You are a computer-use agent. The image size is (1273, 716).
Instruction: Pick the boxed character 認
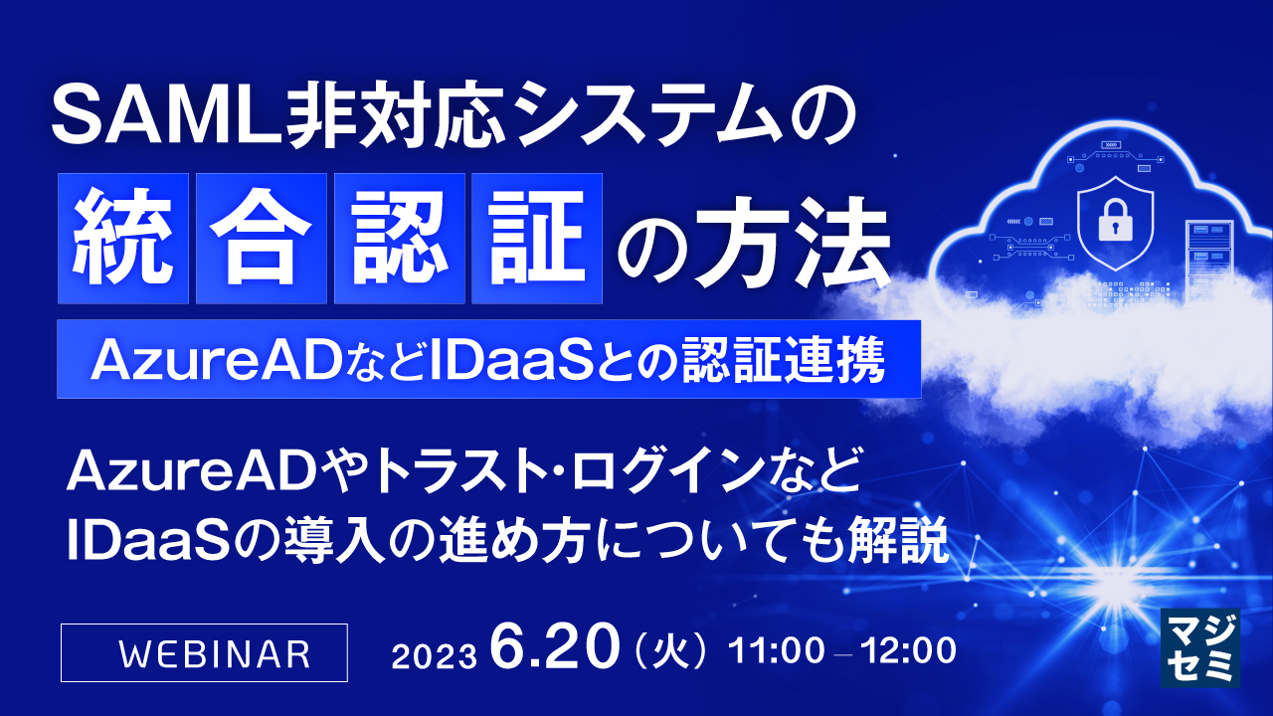(400, 239)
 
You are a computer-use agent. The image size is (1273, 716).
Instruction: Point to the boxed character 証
(537, 239)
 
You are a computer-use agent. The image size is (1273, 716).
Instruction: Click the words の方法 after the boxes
(751, 242)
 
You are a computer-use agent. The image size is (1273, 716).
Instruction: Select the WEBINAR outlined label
(204, 652)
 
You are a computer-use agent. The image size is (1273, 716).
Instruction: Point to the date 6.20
(550, 649)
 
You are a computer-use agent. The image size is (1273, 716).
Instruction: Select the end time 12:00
(908, 652)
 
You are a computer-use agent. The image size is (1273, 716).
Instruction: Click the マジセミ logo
(1200, 647)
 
